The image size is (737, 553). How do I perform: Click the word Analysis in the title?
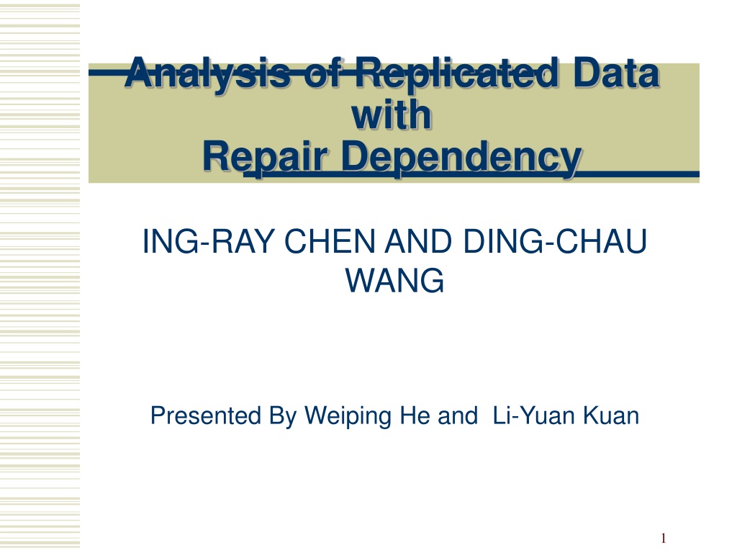point(207,74)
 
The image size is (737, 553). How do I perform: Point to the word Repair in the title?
point(265,158)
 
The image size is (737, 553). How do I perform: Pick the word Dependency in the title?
point(461,158)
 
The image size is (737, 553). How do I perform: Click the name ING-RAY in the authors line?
point(207,241)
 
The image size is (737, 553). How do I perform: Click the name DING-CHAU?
point(555,241)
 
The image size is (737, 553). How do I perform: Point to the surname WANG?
point(395,280)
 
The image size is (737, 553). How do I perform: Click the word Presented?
point(205,415)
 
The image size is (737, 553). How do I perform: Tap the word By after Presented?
point(283,417)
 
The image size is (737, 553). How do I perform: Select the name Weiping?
point(348,417)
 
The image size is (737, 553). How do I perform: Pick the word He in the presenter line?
point(415,415)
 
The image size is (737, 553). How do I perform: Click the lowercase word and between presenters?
point(457,415)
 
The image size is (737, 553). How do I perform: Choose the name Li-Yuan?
point(534,415)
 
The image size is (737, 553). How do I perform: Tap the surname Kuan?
point(611,415)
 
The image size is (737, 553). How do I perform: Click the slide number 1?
point(664,538)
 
